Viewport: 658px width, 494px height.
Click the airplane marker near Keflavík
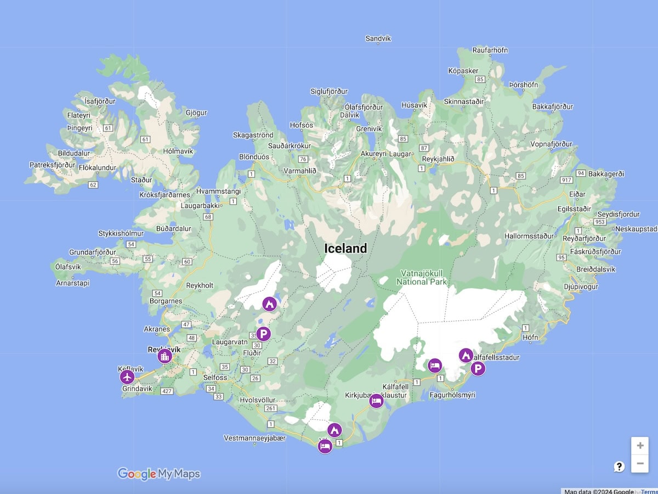[x=127, y=377]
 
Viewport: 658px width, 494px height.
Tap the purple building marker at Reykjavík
[x=164, y=356]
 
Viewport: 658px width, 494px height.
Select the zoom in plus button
[x=640, y=445]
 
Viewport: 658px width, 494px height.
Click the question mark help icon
[x=619, y=467]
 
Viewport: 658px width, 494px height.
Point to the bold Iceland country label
[x=345, y=249]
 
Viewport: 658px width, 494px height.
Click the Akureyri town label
[x=373, y=154]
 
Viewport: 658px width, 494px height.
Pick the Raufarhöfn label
[x=490, y=50]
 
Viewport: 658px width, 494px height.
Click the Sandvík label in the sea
[x=378, y=38]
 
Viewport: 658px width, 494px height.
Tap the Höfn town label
[x=530, y=337]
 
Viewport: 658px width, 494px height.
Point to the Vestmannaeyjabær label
[x=255, y=438]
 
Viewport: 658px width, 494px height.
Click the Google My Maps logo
[x=159, y=474]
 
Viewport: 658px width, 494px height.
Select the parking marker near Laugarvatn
[x=264, y=334]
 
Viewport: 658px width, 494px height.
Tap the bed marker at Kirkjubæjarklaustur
[x=376, y=401]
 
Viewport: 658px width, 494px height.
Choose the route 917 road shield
[x=566, y=179]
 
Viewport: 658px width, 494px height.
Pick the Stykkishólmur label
[x=121, y=233]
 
